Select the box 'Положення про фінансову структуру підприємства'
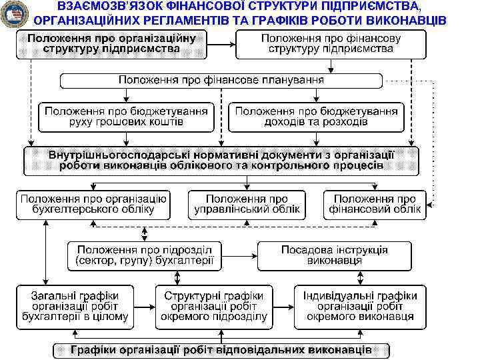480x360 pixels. (x=331, y=44)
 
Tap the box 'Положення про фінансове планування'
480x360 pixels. (x=222, y=80)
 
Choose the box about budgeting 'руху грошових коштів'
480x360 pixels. (x=127, y=117)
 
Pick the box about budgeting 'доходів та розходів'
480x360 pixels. (x=316, y=117)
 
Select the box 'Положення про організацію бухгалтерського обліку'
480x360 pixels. (x=93, y=205)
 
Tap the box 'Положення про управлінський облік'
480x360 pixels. (x=247, y=205)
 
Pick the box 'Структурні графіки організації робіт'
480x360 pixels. (x=213, y=306)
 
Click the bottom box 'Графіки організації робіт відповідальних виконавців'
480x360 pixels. (x=221, y=349)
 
